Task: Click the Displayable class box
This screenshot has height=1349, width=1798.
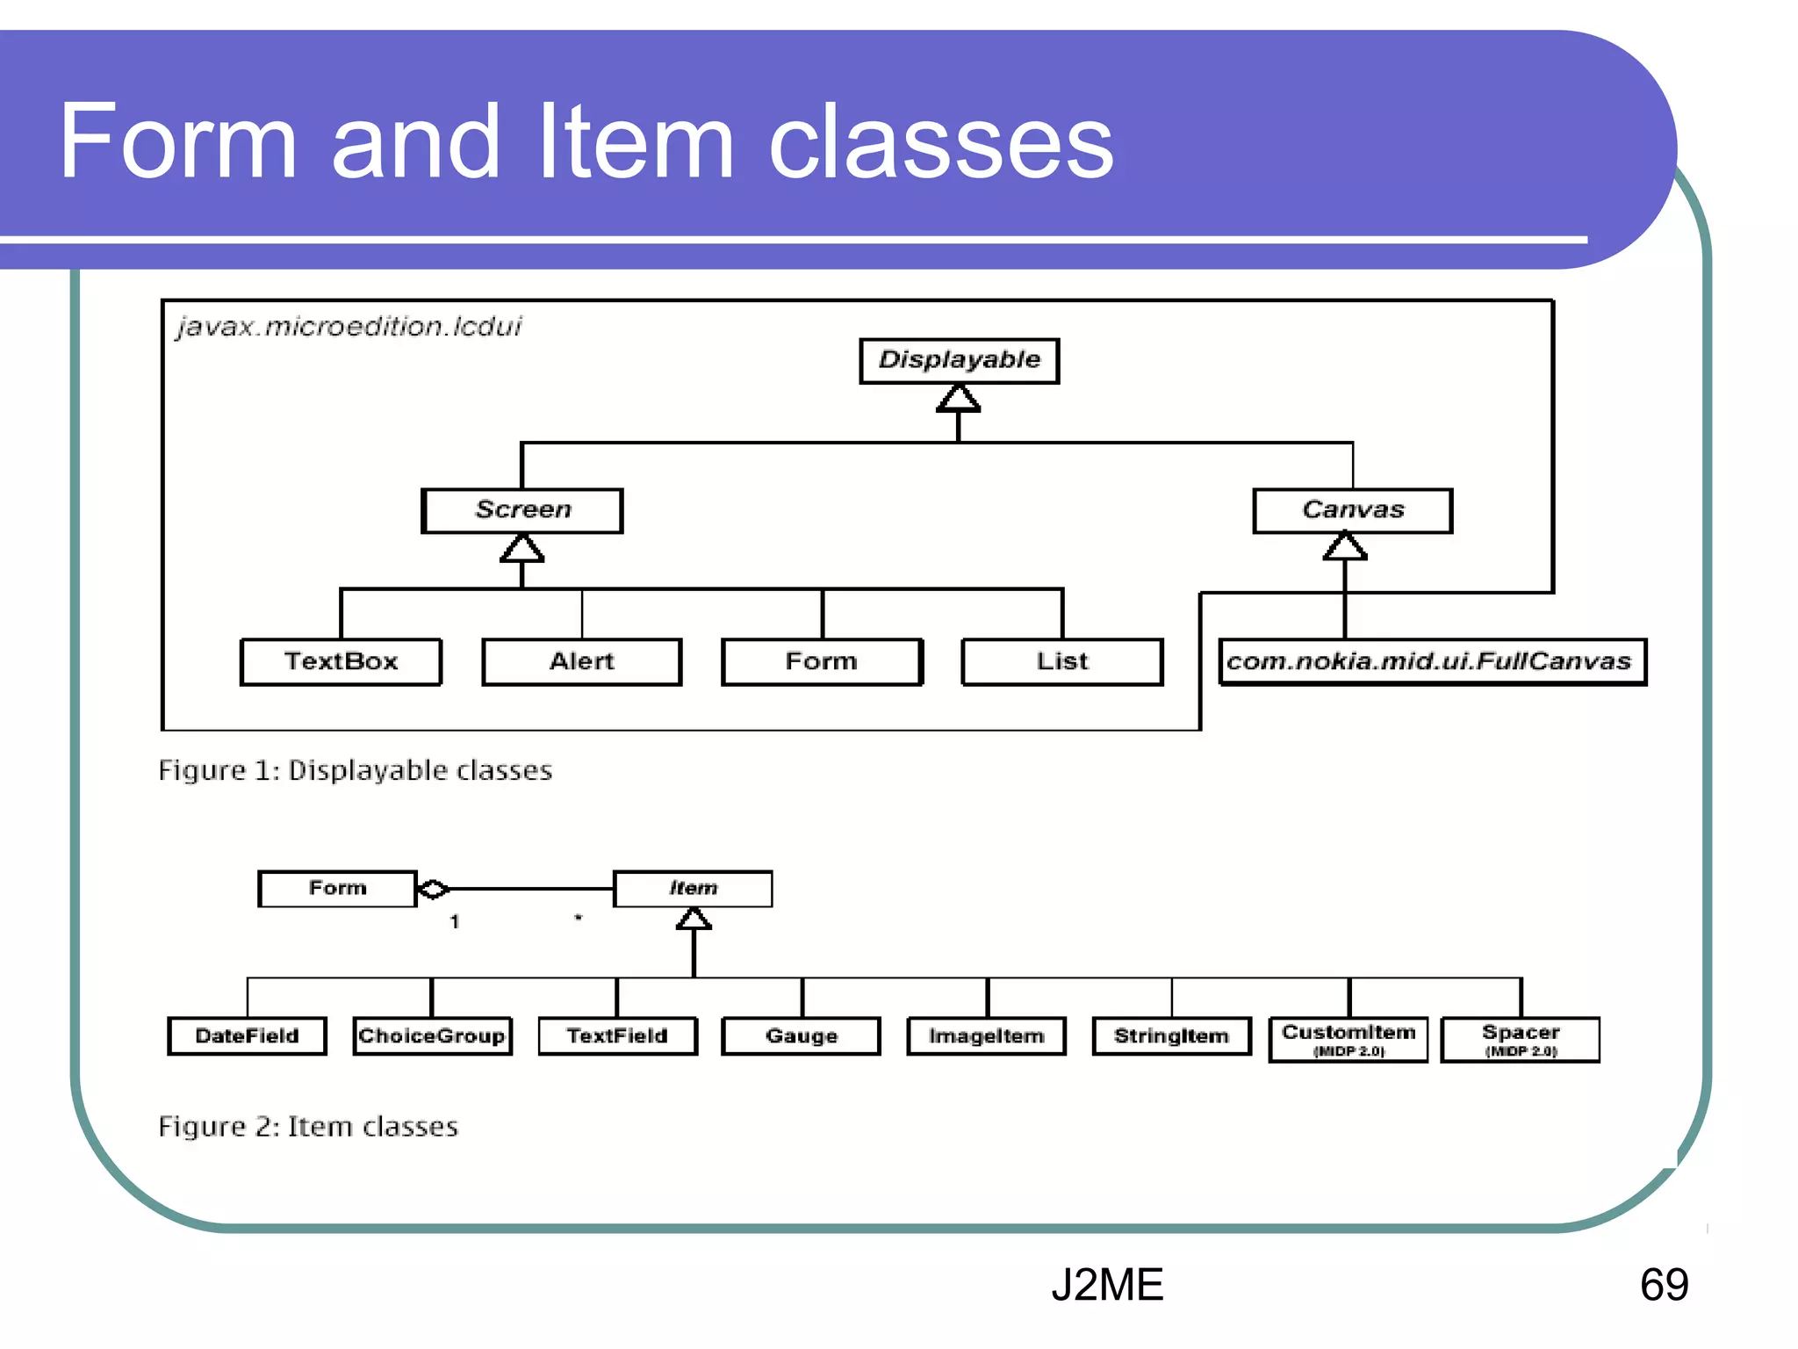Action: pos(959,360)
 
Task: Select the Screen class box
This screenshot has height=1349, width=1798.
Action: pos(522,510)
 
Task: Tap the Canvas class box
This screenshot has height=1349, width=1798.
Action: pos(1352,510)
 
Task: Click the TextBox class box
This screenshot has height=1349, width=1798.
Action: pos(341,661)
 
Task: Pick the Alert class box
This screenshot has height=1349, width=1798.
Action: pos(581,661)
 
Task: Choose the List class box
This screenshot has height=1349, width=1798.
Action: pos(1061,661)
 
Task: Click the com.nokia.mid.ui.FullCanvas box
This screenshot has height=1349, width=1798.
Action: pos(1432,661)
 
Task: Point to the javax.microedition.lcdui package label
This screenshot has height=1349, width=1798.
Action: pos(349,327)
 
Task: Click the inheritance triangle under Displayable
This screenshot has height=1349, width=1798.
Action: pos(958,400)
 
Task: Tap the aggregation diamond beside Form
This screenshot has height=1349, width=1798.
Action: pos(433,889)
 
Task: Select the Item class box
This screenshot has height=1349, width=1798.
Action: pos(693,888)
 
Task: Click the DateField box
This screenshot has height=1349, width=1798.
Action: pos(247,1036)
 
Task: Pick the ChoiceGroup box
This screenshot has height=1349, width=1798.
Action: pos(432,1036)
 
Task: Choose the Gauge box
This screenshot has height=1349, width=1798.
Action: pos(801,1036)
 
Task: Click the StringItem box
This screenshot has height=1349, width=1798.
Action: pos(1171,1036)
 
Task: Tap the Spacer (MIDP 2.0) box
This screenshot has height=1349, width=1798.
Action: pos(1521,1040)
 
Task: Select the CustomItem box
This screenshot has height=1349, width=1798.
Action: pos(1348,1040)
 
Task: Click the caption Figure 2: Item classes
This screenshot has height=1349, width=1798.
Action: pos(308,1127)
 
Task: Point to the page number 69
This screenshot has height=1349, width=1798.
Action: pos(1664,1285)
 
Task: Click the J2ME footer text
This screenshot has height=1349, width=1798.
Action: pos(1106,1285)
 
